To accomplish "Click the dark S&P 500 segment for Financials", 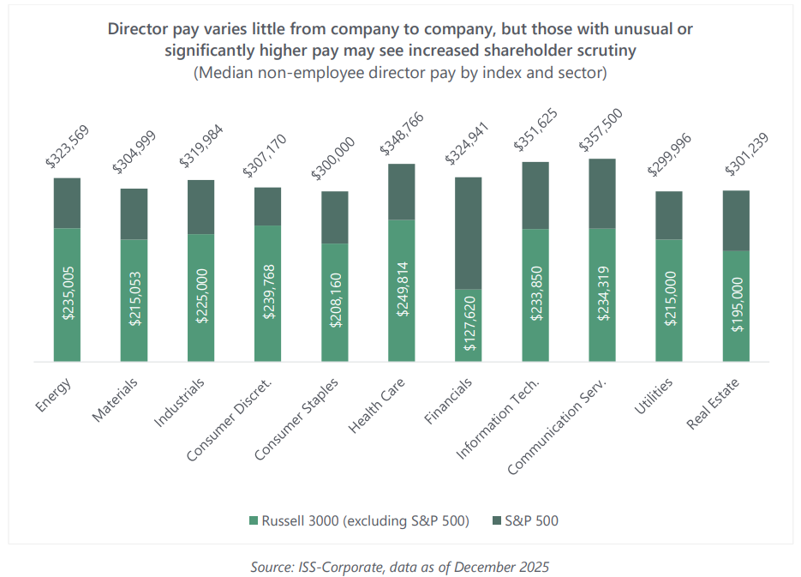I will pyautogui.click(x=468, y=232).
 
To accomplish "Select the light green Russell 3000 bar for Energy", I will pyautogui.click(x=67, y=295).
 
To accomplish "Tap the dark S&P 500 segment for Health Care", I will pyautogui.click(x=402, y=191).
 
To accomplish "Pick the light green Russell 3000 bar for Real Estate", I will pyautogui.click(x=736, y=306).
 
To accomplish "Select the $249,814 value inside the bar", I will pyautogui.click(x=402, y=291).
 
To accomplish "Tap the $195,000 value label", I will pyautogui.click(x=736, y=306).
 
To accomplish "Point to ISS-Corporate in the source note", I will pyautogui.click(x=333, y=567).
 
